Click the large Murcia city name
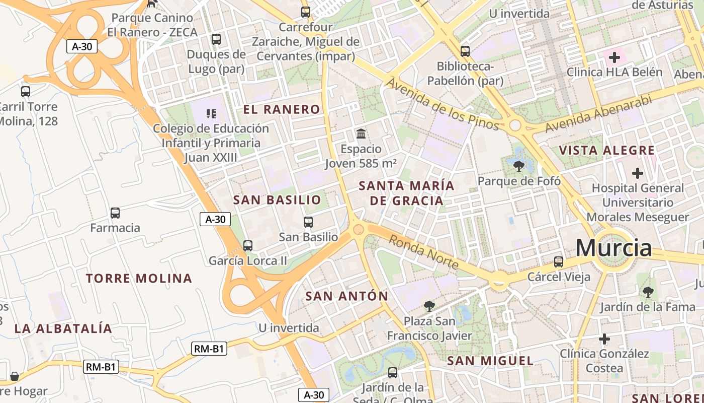click(613, 248)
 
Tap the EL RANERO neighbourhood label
click(282, 109)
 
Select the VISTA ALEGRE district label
click(607, 150)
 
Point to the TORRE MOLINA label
click(139, 278)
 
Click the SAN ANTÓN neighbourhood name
click(347, 296)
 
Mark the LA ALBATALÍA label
click(63, 328)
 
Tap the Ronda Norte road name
click(423, 252)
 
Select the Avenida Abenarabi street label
click(598, 113)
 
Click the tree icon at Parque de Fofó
click(518, 165)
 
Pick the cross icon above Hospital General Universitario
click(638, 173)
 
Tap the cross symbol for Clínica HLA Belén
click(614, 57)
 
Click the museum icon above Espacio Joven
click(361, 134)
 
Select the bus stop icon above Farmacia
click(115, 213)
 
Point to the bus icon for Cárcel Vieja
click(559, 262)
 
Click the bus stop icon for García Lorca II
click(248, 246)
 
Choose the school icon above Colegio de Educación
click(211, 114)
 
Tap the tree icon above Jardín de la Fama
click(648, 292)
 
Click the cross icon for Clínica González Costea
click(604, 339)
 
